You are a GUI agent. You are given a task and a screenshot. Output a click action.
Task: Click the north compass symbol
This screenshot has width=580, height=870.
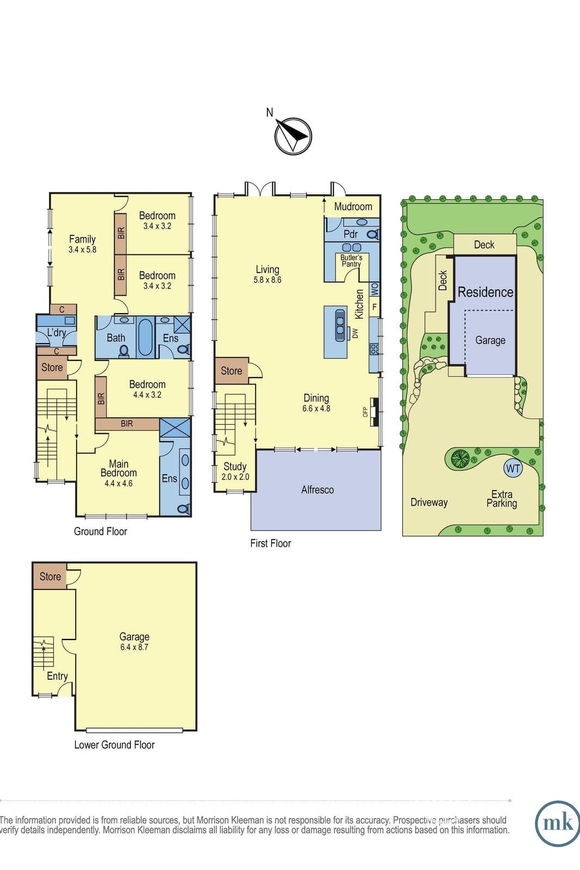(x=293, y=136)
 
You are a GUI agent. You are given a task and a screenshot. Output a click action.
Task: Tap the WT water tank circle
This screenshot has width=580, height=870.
(x=513, y=468)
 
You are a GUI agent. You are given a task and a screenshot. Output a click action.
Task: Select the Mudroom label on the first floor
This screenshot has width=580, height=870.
(x=353, y=207)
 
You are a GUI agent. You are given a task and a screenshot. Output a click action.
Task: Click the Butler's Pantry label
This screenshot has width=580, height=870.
(x=351, y=260)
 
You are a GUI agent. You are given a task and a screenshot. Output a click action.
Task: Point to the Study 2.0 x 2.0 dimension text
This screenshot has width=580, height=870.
(x=235, y=477)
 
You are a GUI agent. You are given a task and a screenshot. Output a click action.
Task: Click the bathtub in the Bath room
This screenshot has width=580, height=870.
(x=145, y=337)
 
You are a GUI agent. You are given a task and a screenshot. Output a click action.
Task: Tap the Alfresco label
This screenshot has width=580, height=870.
(x=317, y=490)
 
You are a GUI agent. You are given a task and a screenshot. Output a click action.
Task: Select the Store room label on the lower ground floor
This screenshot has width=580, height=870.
(x=50, y=576)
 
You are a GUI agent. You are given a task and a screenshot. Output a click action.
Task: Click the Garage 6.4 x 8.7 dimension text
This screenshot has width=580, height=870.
(x=134, y=647)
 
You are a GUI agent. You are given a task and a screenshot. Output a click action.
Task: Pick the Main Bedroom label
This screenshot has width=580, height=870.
(x=119, y=468)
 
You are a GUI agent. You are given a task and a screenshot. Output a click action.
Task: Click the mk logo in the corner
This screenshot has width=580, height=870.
(x=558, y=823)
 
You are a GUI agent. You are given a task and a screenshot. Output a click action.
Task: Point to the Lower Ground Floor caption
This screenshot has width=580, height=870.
(x=115, y=744)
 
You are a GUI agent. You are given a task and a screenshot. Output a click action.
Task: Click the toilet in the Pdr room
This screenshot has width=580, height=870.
(x=373, y=234)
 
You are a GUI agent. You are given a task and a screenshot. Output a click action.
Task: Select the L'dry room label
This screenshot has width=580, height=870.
(x=57, y=333)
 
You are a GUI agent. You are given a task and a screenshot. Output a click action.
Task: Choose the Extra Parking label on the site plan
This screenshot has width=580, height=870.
(x=502, y=499)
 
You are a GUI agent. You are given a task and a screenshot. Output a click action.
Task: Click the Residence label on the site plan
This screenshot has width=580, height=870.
(x=485, y=292)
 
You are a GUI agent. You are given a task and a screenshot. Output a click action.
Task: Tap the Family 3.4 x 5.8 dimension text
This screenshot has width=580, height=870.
(x=82, y=250)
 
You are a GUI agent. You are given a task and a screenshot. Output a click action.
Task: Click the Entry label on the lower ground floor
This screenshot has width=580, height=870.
(x=58, y=676)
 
